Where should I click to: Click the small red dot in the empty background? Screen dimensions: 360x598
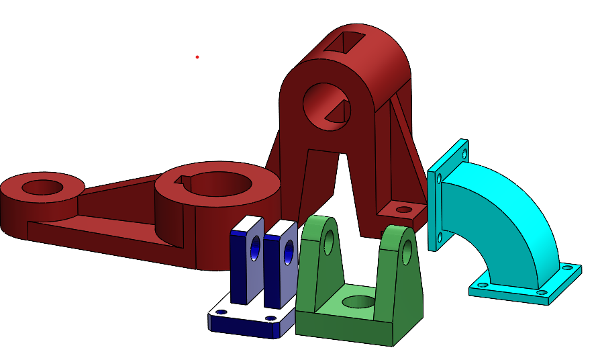[x=197, y=57]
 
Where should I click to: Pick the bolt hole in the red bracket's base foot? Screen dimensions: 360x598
[x=403, y=210]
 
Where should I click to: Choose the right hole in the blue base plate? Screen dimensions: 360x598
[x=270, y=318]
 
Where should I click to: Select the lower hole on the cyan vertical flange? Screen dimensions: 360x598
[x=440, y=236]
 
